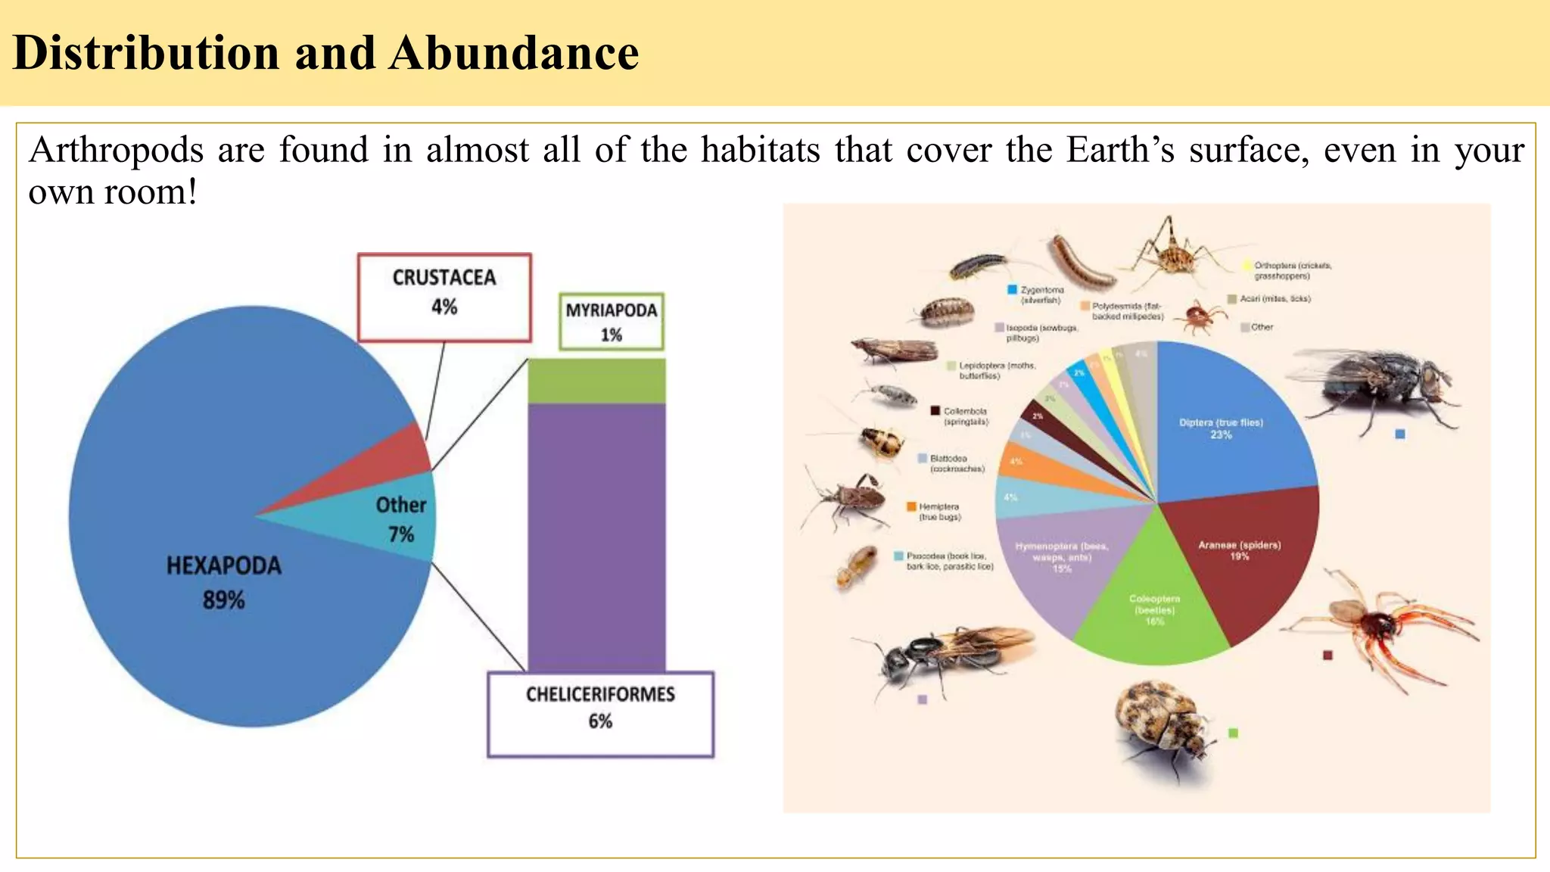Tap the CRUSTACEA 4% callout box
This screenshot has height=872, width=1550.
click(x=444, y=297)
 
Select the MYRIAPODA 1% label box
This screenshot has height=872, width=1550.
click(x=612, y=322)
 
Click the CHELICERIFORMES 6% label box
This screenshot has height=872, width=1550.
click(x=600, y=714)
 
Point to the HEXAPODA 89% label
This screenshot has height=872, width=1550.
click(x=223, y=582)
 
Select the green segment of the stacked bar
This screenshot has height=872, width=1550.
click(x=596, y=381)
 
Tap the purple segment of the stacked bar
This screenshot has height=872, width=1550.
click(x=596, y=537)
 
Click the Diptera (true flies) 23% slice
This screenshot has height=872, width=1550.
click(x=1226, y=424)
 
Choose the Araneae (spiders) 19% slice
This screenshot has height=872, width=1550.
click(x=1241, y=560)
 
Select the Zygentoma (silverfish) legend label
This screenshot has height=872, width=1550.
click(x=1041, y=295)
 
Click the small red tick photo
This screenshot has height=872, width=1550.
click(x=1200, y=316)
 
